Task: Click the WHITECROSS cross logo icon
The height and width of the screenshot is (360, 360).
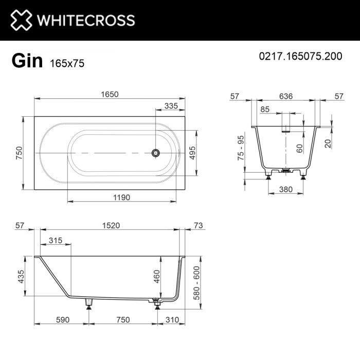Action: (21, 20)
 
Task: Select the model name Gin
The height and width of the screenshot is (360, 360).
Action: (27, 61)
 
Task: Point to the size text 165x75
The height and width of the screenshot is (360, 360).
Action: (67, 63)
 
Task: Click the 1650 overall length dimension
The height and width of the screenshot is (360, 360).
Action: (109, 94)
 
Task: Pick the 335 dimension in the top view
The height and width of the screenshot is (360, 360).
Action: (171, 106)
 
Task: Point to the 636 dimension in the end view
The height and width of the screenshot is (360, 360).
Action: (286, 96)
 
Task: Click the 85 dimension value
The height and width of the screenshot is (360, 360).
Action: (265, 109)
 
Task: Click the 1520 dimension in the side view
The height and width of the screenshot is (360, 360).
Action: (110, 226)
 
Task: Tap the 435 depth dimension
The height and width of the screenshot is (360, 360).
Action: (21, 277)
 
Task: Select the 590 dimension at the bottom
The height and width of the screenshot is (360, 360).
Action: (62, 319)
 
